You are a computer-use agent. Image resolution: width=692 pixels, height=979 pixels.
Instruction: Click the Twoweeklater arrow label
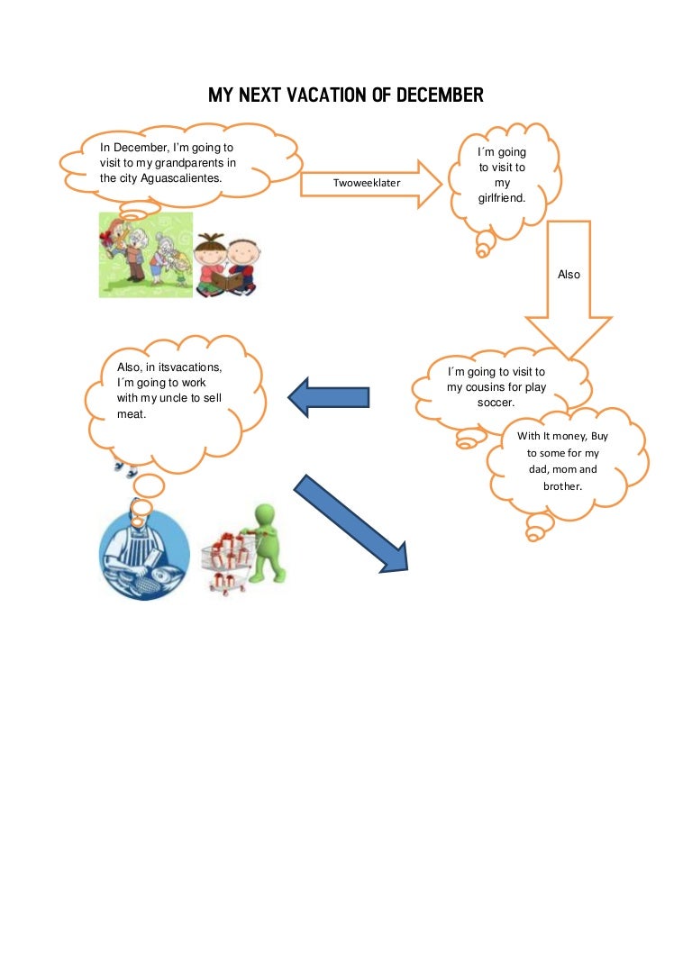click(367, 183)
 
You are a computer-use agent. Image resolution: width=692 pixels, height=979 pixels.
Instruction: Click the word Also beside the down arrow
click(569, 275)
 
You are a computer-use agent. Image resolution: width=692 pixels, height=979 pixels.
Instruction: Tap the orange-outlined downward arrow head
click(568, 335)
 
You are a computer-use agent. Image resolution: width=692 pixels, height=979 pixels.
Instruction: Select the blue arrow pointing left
click(328, 397)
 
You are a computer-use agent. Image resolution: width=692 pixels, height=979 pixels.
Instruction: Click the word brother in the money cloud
click(562, 485)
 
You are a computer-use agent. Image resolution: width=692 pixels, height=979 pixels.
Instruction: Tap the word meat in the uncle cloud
click(132, 414)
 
